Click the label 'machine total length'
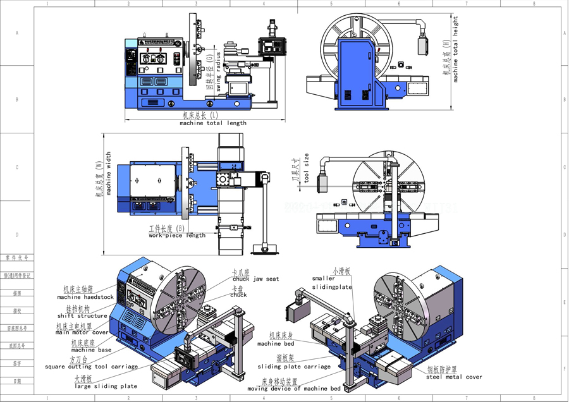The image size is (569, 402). click(x=213, y=123)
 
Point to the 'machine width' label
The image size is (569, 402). click(x=109, y=173)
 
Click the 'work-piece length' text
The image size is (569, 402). click(x=177, y=236)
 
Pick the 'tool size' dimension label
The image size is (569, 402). click(x=307, y=168)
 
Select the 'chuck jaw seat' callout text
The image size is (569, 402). click(x=255, y=279)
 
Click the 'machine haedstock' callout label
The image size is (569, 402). click(x=85, y=297)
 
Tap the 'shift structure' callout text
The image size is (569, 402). click(x=82, y=315)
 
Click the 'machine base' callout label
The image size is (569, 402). click(x=91, y=350)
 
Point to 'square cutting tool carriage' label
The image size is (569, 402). click(x=91, y=367)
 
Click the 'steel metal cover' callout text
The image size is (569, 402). click(x=454, y=377)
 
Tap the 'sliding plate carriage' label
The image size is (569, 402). click(x=294, y=367)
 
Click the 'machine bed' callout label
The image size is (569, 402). click(x=276, y=344)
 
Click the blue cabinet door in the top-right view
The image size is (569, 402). click(x=357, y=73)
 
